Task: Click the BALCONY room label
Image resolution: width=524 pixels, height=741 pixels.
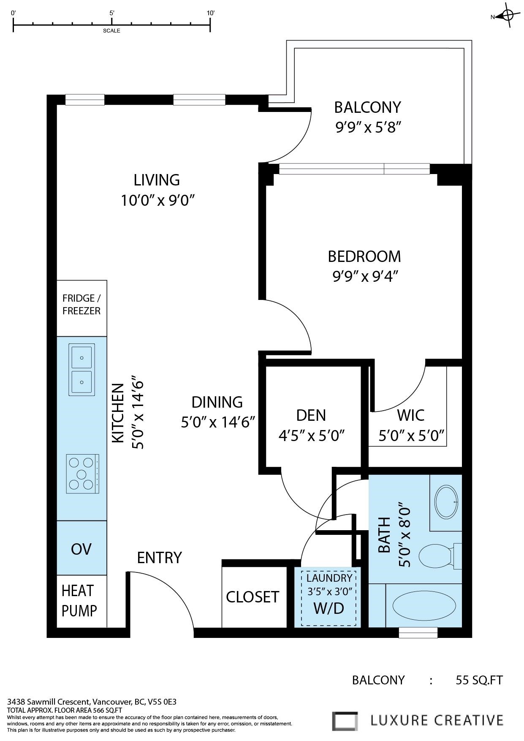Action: coord(367,107)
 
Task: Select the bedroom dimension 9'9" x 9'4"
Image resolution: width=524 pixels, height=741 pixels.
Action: coord(365,276)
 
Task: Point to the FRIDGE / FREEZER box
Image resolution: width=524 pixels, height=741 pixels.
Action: coord(81,305)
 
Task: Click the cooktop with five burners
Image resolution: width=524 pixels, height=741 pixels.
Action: coord(82,474)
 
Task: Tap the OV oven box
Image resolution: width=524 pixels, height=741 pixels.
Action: coord(81,549)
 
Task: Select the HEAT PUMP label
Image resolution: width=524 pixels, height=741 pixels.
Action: coord(79,600)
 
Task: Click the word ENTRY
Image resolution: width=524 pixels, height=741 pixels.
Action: coord(159,558)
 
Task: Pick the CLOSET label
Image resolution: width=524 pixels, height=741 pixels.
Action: coord(252,597)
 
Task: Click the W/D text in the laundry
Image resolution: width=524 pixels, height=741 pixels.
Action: coord(329,608)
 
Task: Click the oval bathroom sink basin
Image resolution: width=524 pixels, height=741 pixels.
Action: coord(446,502)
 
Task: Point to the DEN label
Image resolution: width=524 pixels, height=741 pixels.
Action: coord(311,415)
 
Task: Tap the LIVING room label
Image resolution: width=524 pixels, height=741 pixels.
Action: coord(157,180)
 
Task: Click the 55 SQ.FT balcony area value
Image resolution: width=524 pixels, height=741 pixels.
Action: coord(479,680)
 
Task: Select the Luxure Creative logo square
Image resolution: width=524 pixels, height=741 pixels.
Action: coord(345,721)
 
